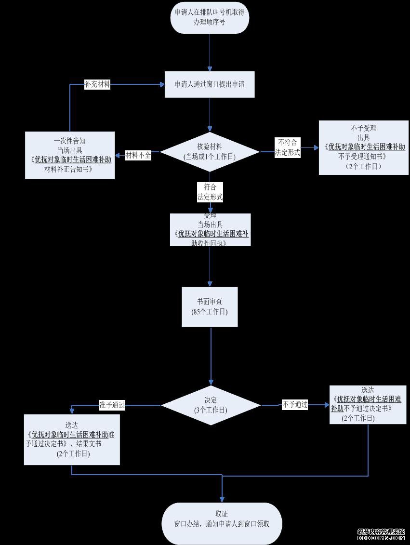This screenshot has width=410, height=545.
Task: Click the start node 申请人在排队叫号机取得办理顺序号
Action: pos(210,17)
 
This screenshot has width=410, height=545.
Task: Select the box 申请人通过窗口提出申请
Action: pos(210,84)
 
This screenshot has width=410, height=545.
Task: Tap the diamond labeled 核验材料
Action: pos(210,151)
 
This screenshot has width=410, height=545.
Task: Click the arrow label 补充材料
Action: pos(97,84)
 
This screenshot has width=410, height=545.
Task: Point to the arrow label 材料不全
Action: pos(138,155)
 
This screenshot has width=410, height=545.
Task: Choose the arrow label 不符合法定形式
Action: pos(288,147)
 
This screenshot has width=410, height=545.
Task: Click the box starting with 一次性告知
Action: pos(70,155)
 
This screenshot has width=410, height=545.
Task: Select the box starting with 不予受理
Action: pos(364,147)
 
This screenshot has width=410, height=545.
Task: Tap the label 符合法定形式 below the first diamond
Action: pos(210,192)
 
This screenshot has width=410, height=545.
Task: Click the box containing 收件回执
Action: pos(210,230)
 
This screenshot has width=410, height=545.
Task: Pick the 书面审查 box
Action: pos(210,306)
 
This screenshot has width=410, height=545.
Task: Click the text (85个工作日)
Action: pos(210,312)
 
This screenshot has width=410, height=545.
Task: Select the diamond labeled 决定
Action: pos(211,405)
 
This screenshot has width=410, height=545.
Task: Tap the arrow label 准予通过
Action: pos(112,405)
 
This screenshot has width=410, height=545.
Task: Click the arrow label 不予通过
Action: pos(295,405)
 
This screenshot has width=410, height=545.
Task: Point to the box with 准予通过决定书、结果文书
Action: pos(72,439)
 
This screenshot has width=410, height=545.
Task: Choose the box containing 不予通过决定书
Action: pos(368,404)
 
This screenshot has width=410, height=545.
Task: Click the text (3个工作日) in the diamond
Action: pos(211,411)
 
